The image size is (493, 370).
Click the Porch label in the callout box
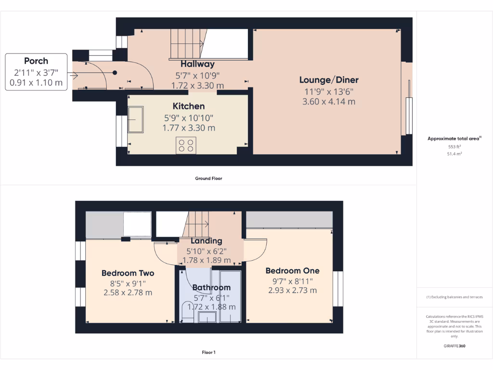pos(36,61)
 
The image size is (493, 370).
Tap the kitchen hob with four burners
pos(186,145)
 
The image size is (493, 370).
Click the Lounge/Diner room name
pos(329,80)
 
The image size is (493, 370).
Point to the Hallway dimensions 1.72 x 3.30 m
pos(197,86)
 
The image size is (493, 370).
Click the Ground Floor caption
pos(208,178)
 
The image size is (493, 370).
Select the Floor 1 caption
pos(208,353)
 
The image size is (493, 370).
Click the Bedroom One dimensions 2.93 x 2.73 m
pos(292,291)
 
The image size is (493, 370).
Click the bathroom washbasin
pos(208,317)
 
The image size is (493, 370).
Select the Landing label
pos(206,241)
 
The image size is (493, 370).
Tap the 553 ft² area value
pos(454,146)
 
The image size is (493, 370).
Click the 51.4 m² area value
pos(454,154)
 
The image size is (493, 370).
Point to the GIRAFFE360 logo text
pos(454,346)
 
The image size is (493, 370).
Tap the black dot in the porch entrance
pos(115,73)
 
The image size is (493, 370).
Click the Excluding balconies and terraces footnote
pos(454,297)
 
